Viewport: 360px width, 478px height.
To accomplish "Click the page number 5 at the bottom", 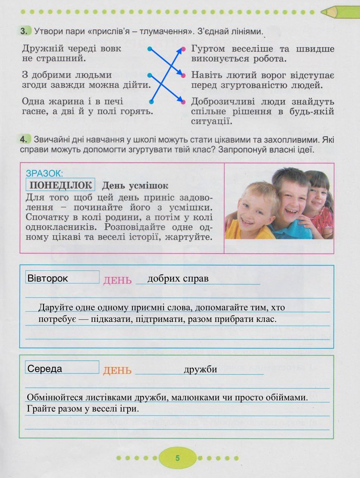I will pos(178,458).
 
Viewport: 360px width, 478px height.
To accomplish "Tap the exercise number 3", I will pos(24,31).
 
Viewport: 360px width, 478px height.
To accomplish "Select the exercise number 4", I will pos(24,140).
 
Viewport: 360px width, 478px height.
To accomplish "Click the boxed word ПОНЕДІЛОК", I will pos(60,185).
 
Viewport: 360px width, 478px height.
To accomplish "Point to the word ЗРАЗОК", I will pos(44,173).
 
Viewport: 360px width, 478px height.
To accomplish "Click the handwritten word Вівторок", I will pos(48,278).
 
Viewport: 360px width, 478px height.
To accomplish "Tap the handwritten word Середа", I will pos(45,369).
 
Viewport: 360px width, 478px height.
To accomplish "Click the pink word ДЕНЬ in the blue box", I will pos(118,280).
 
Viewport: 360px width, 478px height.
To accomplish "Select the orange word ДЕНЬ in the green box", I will pos(118,370).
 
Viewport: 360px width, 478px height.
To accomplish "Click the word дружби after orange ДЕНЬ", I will pos(200,369).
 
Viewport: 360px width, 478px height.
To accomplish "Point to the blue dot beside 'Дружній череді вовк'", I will pos(150,49).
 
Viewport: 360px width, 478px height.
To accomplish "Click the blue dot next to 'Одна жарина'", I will pos(151,102).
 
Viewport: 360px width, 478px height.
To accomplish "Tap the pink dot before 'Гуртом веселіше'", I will pos(183,49).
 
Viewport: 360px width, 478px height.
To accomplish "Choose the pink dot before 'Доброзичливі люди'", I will pos(183,102).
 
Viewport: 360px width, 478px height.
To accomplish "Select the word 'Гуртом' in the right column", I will pos(208,49).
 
